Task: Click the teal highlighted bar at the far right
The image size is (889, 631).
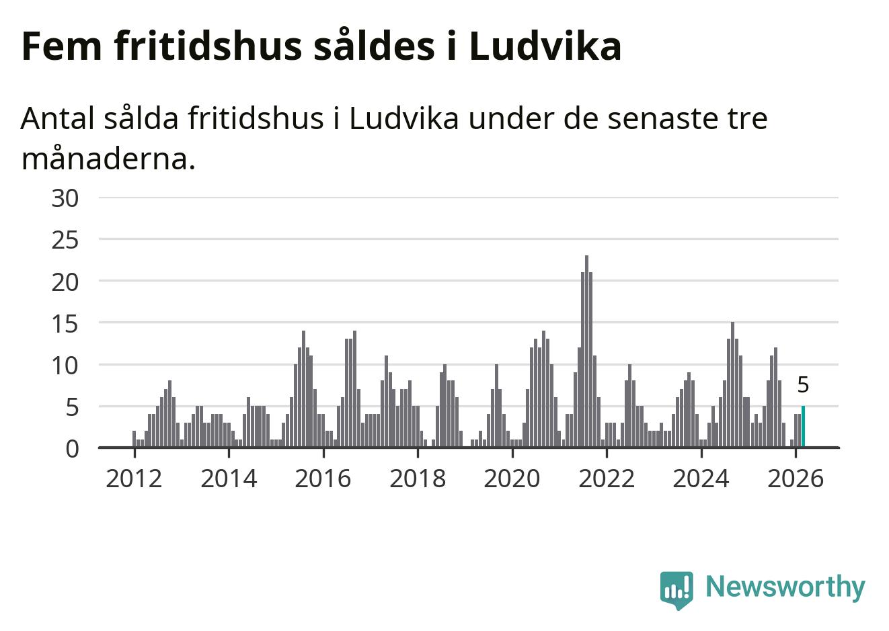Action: (x=803, y=427)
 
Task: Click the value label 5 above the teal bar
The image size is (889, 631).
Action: (x=803, y=385)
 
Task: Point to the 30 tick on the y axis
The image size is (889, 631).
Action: (x=65, y=198)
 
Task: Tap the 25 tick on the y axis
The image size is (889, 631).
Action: (x=65, y=240)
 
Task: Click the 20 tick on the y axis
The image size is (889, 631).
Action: (x=65, y=282)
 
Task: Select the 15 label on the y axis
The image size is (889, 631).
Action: (x=65, y=323)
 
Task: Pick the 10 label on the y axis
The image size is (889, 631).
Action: (x=65, y=365)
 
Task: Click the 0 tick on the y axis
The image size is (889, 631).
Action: (x=72, y=448)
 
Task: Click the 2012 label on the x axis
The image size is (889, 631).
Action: (x=134, y=478)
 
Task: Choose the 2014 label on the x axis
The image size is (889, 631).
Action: (x=229, y=478)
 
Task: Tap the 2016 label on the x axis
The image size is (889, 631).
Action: (x=323, y=478)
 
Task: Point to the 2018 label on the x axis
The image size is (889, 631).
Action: (x=418, y=478)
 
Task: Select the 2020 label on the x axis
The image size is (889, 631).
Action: (x=512, y=478)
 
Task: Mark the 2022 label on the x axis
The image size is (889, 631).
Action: (x=607, y=478)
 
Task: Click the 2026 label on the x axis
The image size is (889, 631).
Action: (x=795, y=478)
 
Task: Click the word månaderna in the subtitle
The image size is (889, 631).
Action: (x=108, y=159)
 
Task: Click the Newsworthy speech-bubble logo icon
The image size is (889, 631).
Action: (x=677, y=589)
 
